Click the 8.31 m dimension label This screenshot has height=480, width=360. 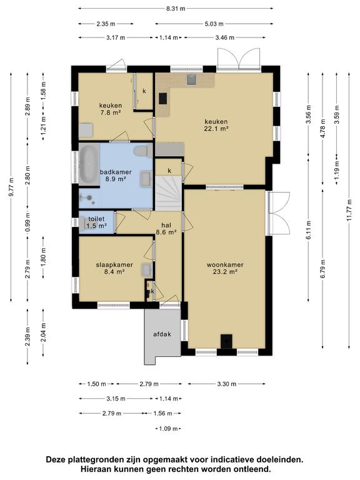tap(176, 9)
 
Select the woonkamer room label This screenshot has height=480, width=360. tap(225, 265)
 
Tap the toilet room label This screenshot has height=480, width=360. tap(96, 219)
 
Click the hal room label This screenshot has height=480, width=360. tap(166, 225)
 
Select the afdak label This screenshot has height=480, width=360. tap(162, 334)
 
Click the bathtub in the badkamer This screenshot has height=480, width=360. tap(89, 164)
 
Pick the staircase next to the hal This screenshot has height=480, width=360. tap(169, 193)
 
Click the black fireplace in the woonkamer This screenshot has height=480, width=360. tap(226, 341)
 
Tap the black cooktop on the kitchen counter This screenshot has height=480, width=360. tap(163, 99)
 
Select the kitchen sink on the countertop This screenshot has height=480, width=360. tap(192, 79)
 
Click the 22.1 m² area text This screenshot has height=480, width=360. tap(216, 129)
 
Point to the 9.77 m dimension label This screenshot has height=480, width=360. tap(11, 187)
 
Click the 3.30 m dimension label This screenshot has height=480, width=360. tap(227, 384)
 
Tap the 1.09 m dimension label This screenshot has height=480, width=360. tap(168, 429)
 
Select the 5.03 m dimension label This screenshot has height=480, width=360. tap(214, 24)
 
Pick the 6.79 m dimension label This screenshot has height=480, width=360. tap(323, 269)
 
